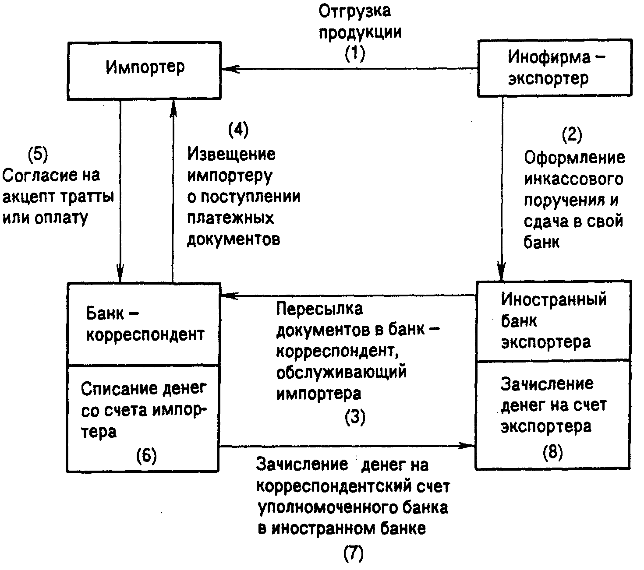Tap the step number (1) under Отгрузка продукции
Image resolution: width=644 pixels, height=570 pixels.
point(355,54)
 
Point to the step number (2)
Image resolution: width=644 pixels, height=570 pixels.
point(572,135)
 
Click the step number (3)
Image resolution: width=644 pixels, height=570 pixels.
point(355,417)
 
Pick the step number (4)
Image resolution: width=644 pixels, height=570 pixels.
point(238,130)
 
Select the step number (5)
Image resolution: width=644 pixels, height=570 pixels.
point(38,154)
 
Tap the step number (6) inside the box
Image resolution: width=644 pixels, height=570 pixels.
point(146,456)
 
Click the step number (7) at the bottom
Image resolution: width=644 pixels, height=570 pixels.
point(354,554)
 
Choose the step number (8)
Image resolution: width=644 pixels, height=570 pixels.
point(552,452)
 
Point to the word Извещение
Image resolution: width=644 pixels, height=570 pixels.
point(232,154)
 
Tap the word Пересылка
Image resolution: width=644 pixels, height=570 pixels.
point(319,309)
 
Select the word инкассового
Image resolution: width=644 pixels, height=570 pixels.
point(573,179)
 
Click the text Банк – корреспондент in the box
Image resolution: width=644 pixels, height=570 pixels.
point(145,324)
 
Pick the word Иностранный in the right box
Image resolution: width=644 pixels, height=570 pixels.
point(554,300)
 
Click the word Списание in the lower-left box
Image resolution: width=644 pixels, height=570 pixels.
point(113,388)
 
